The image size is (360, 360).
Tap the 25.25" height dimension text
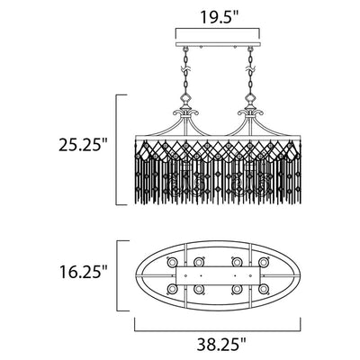(84, 146)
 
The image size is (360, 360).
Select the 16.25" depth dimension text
(84, 272)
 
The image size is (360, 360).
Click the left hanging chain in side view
(185, 69)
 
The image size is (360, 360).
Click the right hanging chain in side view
(249, 69)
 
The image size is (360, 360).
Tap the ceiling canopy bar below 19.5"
(218, 45)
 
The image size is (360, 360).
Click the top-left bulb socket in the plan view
(172, 262)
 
